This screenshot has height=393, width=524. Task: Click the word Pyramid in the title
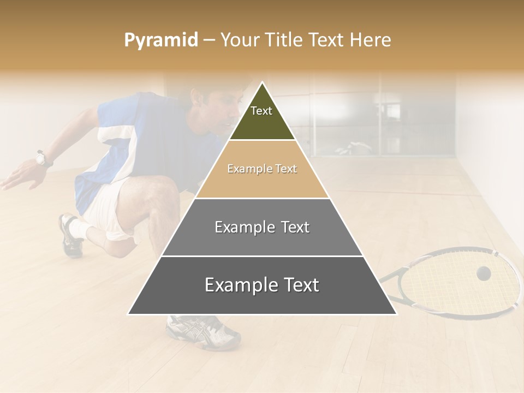click(161, 40)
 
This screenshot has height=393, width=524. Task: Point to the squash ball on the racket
click(483, 273)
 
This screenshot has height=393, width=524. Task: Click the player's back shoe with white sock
click(71, 235)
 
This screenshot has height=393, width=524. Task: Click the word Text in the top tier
click(261, 111)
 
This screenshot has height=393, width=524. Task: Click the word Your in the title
click(240, 40)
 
